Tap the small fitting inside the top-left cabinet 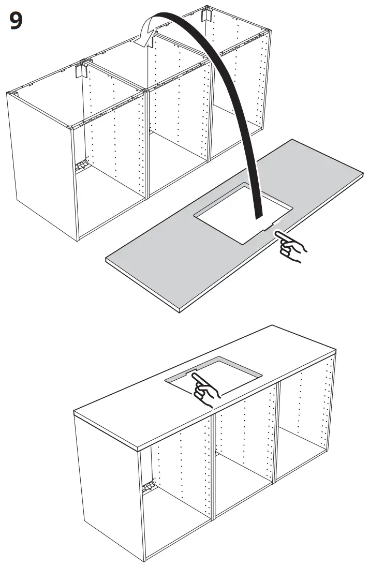pyautogui.click(x=81, y=167)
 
